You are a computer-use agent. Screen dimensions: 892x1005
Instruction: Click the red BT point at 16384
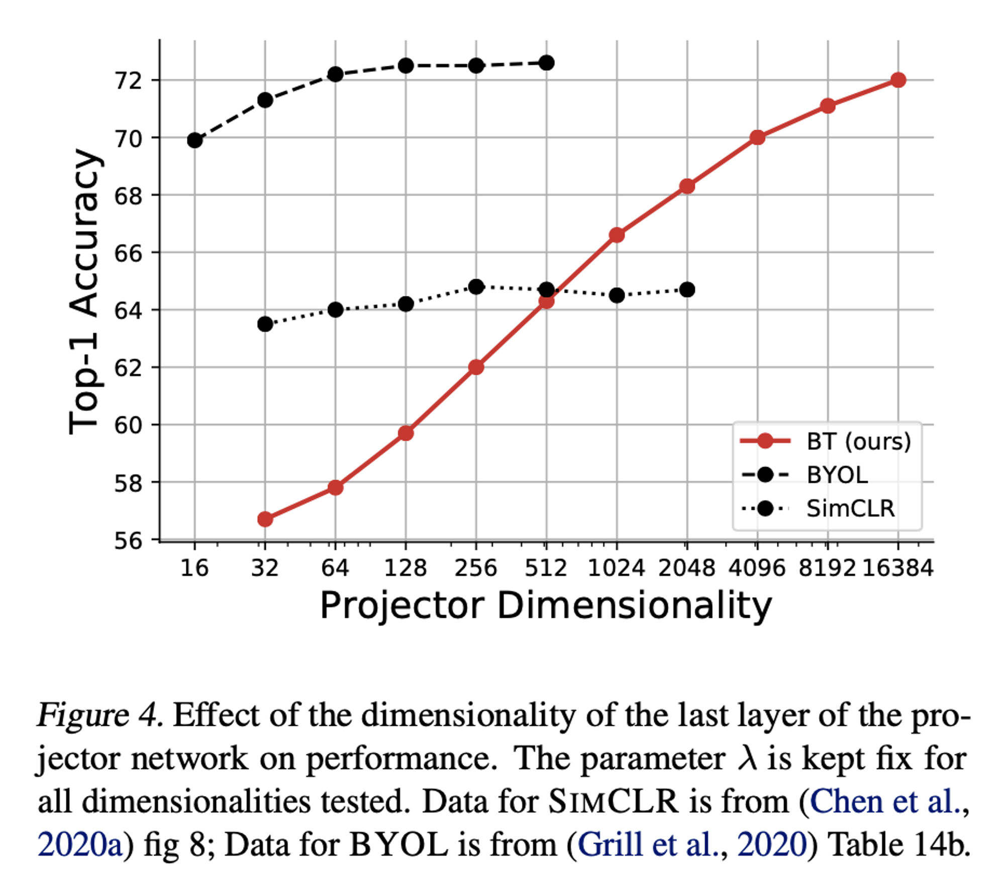(898, 80)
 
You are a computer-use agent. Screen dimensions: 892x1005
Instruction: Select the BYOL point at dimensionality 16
(194, 140)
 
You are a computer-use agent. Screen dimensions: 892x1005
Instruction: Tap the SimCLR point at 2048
(687, 290)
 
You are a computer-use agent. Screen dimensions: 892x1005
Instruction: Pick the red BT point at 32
(265, 519)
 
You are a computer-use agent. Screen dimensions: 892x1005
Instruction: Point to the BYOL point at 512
(546, 63)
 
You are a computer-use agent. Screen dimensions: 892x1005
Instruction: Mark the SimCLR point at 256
(476, 287)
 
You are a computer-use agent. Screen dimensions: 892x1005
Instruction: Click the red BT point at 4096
(757, 137)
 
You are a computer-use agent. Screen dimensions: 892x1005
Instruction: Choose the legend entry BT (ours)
(858, 441)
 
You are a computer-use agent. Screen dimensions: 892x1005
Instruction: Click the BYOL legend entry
(837, 475)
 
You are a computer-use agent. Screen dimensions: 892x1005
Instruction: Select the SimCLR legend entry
(850, 509)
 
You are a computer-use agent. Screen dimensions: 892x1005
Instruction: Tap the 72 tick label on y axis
(128, 81)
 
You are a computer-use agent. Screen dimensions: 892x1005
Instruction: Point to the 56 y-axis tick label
(128, 541)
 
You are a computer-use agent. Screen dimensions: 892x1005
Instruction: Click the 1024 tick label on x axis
(616, 568)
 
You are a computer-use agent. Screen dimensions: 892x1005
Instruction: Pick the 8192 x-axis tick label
(827, 568)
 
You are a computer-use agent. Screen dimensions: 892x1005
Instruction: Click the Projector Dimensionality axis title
(546, 606)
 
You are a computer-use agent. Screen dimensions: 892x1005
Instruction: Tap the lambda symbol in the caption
(747, 758)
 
